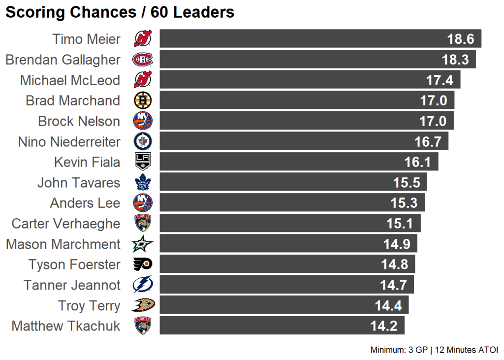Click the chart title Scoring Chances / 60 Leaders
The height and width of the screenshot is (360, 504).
tap(120, 12)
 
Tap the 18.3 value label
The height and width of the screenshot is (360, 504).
tap(455, 60)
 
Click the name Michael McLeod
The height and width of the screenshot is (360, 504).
tap(70, 80)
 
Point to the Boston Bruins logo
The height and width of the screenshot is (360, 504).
tap(143, 100)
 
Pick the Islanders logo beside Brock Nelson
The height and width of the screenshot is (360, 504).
tap(143, 121)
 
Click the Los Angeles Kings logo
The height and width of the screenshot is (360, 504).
tap(143, 162)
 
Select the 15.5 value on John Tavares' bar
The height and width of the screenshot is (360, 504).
tap(407, 183)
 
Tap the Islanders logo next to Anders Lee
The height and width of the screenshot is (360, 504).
tap(143, 203)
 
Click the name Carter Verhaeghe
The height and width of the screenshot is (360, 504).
tap(66, 224)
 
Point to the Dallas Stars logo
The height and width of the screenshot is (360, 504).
tap(143, 244)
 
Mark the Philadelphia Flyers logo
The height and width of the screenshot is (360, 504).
tap(143, 264)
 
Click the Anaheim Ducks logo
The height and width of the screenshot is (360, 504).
tap(143, 305)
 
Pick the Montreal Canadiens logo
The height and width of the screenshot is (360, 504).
tap(143, 60)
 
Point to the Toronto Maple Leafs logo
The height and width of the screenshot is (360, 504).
tap(143, 183)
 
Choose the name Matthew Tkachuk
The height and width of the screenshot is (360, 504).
tap(66, 326)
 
